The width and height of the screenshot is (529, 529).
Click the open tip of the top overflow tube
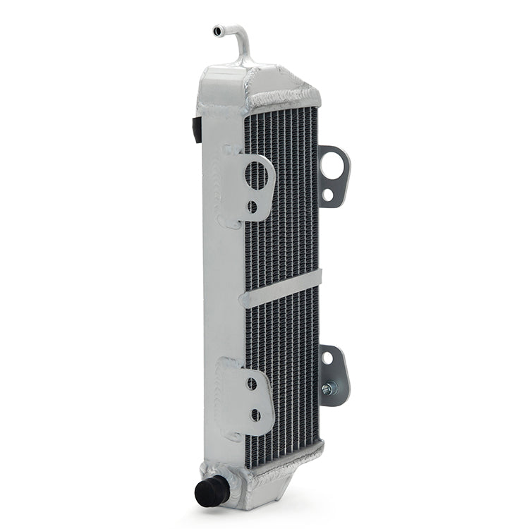coord(215,30)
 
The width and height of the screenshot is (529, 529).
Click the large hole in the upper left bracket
coord(259,176)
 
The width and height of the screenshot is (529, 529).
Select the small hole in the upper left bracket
coord(253,207)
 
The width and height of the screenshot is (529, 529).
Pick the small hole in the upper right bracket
coord(330,195)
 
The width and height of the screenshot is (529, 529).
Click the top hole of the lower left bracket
coord(253,384)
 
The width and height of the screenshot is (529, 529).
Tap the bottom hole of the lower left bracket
coord(255,415)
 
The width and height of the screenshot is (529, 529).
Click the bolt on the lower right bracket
coord(329,389)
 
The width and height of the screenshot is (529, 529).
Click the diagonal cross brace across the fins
coord(281,288)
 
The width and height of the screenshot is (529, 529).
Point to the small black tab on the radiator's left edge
coord(195,127)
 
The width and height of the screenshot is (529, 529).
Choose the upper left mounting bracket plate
coord(250,187)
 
